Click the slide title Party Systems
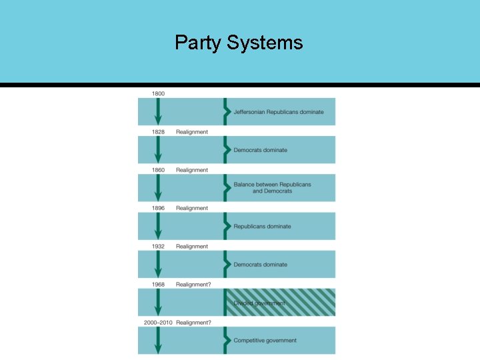pyautogui.click(x=239, y=43)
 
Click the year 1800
pyautogui.click(x=158, y=94)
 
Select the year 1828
pyautogui.click(x=158, y=132)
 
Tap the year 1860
pyautogui.click(x=158, y=170)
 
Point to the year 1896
pyautogui.click(x=158, y=208)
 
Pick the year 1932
pyautogui.click(x=158, y=246)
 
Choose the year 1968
pyautogui.click(x=158, y=285)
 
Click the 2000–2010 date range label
pyautogui.click(x=158, y=323)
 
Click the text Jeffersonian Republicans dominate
pyautogui.click(x=279, y=112)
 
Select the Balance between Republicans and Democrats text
pyautogui.click(x=272, y=187)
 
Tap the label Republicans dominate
pyautogui.click(x=262, y=227)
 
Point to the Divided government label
pyautogui.click(x=259, y=303)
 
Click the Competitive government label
pyautogui.click(x=265, y=341)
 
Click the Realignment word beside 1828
pyautogui.click(x=192, y=132)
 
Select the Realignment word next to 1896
pyautogui.click(x=192, y=208)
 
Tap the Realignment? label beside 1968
pyautogui.click(x=193, y=285)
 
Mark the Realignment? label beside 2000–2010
pyautogui.click(x=193, y=323)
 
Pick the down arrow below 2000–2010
pyautogui.click(x=158, y=341)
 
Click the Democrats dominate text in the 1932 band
pyautogui.click(x=260, y=265)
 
